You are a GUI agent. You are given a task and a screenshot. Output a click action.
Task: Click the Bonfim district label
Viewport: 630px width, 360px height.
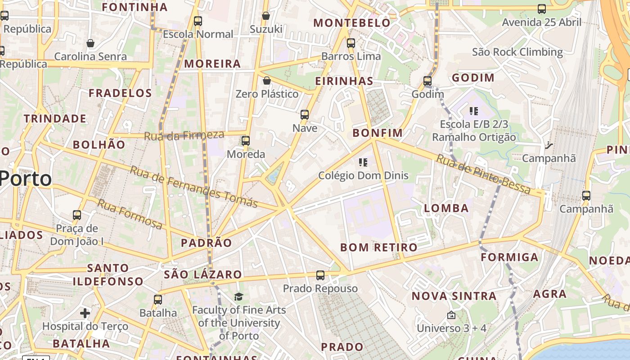pyautogui.click(x=378, y=133)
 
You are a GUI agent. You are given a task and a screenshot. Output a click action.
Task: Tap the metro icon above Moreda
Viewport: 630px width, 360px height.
pyautogui.click(x=246, y=141)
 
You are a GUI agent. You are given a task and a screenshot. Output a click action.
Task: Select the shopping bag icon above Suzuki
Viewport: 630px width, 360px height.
pyautogui.click(x=266, y=16)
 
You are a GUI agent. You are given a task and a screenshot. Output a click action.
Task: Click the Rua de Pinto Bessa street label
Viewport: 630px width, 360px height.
pyautogui.click(x=483, y=175)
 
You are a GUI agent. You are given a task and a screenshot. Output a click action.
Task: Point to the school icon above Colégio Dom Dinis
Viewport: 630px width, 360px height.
pyautogui.click(x=363, y=162)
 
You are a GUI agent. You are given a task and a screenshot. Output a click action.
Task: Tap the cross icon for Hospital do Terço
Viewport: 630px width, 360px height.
pyautogui.click(x=85, y=313)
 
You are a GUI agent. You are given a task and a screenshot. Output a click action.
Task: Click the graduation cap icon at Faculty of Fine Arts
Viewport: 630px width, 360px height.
pyautogui.click(x=238, y=297)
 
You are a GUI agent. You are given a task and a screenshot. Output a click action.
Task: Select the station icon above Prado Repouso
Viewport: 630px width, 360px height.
pyautogui.click(x=320, y=275)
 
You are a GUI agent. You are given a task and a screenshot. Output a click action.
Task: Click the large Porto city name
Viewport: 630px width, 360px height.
pyautogui.click(x=26, y=179)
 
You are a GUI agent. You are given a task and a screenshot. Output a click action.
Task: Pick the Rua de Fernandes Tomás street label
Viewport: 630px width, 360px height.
pyautogui.click(x=194, y=187)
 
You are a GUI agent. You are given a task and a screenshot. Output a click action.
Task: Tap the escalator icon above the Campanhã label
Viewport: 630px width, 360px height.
pyautogui.click(x=549, y=145)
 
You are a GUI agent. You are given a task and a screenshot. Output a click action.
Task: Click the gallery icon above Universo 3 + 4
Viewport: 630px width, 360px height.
pyautogui.click(x=451, y=315)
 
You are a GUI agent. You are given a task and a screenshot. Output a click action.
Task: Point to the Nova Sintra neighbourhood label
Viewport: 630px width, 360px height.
pyautogui.click(x=454, y=296)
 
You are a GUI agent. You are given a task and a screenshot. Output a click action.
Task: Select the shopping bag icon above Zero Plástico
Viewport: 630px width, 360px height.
pyautogui.click(x=267, y=81)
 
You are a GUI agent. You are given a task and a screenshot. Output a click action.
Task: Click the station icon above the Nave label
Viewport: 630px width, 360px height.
pyautogui.click(x=305, y=115)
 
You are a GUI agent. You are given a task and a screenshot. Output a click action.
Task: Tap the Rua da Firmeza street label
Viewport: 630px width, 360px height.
pyautogui.click(x=184, y=135)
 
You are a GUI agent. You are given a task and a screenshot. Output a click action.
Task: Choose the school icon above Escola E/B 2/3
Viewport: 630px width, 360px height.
pyautogui.click(x=473, y=111)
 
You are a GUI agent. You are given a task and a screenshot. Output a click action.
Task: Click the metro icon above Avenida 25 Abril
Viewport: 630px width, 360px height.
pyautogui.click(x=542, y=9)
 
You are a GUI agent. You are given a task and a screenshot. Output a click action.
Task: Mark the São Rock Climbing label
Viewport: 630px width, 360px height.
pyautogui.click(x=517, y=52)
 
